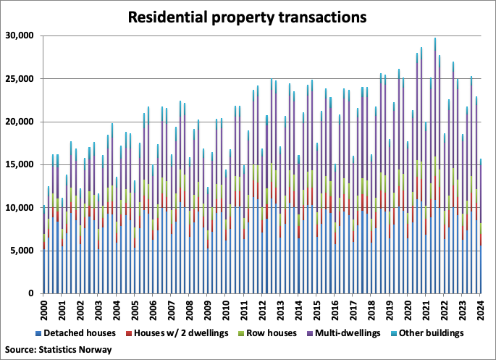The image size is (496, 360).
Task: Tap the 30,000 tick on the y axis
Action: [20, 35]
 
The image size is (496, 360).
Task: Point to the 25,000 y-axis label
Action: [20, 78]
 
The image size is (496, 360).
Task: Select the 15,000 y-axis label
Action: [20, 164]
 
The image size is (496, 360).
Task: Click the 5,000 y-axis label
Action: [22, 251]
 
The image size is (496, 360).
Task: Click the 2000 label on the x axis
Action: [44, 310]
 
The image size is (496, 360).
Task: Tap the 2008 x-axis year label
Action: [190, 310]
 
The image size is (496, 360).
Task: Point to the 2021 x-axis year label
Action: [426, 310]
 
